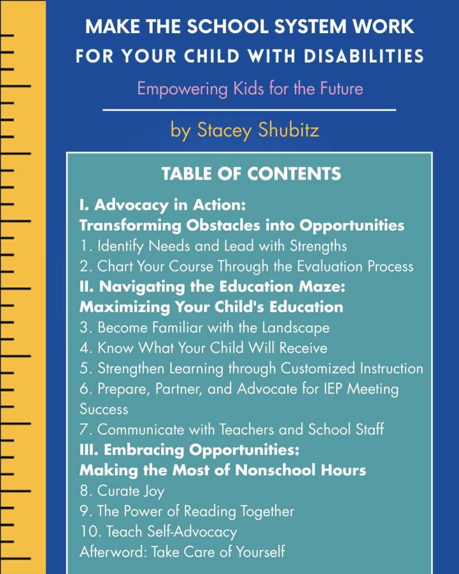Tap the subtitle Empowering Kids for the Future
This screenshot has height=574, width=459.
[x=250, y=89]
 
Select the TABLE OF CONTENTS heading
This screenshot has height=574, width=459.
[x=251, y=173]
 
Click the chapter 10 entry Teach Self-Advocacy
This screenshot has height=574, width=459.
[x=158, y=531]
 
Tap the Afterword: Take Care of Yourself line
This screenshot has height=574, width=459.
[x=182, y=551]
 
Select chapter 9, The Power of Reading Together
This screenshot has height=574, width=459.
[x=187, y=511]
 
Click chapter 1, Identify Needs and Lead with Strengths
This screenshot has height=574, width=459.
[x=213, y=245]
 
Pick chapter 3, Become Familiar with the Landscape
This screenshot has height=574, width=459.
[x=204, y=327]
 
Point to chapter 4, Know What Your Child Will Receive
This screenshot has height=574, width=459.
[x=203, y=347]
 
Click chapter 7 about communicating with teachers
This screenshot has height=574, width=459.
[x=232, y=429]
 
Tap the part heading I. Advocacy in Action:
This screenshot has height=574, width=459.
[x=163, y=205]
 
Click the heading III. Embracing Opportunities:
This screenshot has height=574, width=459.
[x=190, y=449]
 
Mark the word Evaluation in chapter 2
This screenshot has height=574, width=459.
[x=315, y=266]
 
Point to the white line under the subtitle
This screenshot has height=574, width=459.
[x=249, y=109]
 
